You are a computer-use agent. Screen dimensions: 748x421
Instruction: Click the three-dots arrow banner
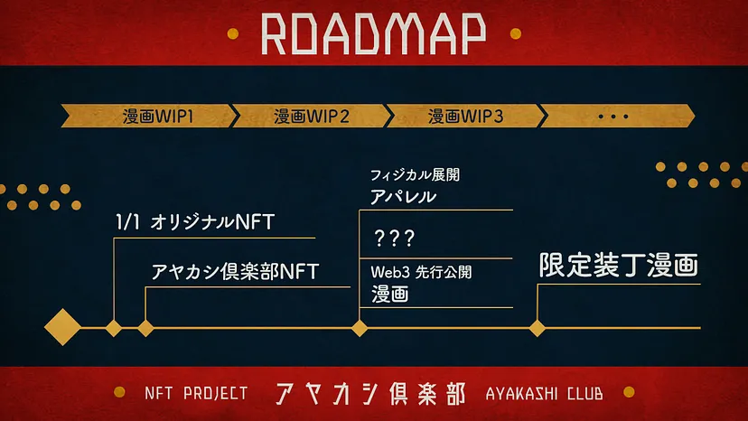pos(614,117)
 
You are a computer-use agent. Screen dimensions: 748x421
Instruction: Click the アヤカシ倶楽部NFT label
pos(236,271)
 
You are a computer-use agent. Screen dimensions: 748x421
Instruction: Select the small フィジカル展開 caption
pos(409,174)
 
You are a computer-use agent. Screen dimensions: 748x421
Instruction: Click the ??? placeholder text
pos(394,239)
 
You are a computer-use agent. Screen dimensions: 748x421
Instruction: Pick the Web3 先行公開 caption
pos(421,272)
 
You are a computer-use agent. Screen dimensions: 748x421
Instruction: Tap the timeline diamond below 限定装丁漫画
pos(537,327)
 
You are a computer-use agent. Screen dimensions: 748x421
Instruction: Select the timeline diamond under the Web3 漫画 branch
pos(360,327)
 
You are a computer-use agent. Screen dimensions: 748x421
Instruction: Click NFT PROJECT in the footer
pos(195,394)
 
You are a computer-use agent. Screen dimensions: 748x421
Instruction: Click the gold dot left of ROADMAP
pos(232,33)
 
